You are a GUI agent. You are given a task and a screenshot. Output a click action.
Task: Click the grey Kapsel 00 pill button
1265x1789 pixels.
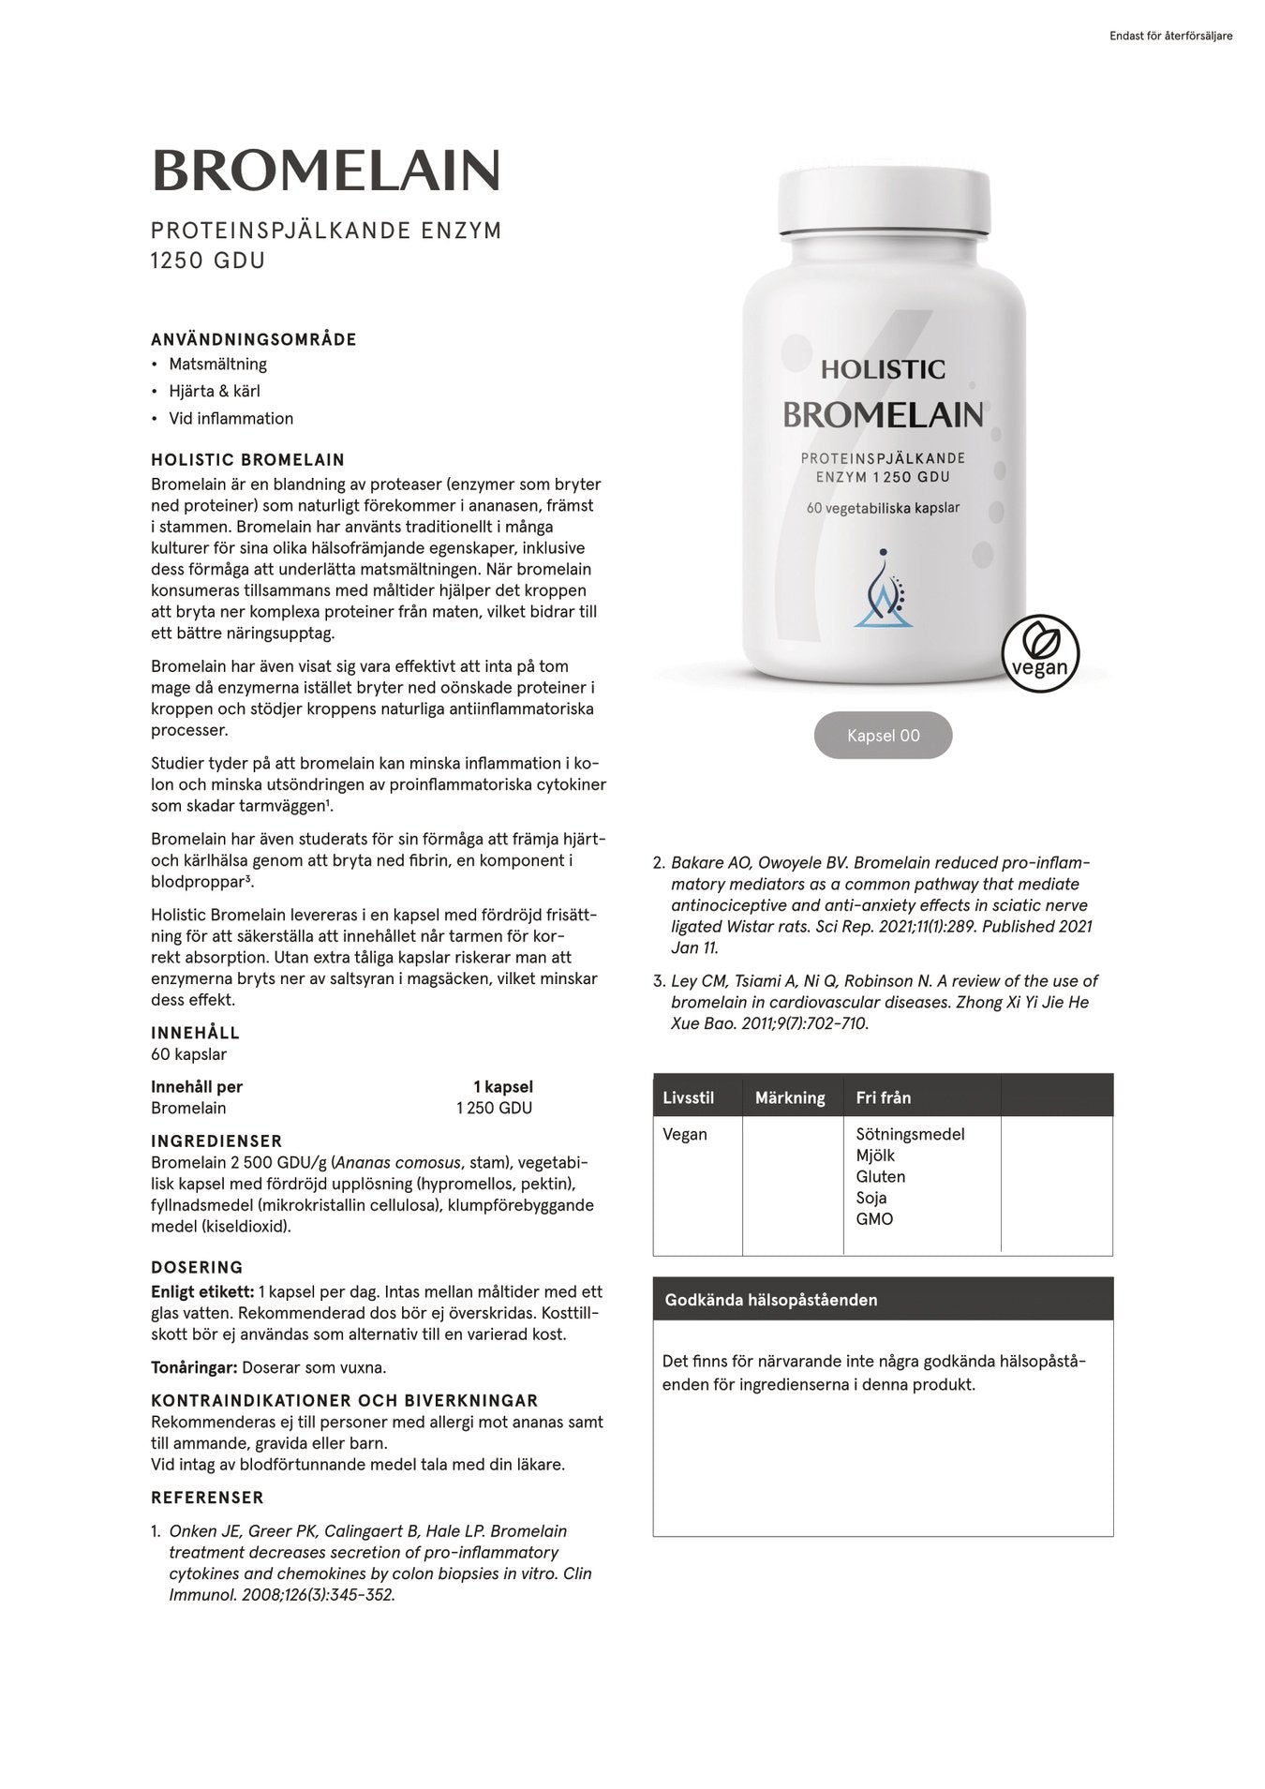click(x=883, y=736)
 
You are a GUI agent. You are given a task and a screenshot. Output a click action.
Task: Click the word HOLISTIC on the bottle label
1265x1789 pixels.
click(x=883, y=369)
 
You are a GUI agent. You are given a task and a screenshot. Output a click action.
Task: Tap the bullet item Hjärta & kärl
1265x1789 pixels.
click(x=214, y=391)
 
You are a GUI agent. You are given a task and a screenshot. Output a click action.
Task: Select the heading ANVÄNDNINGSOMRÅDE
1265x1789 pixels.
click(x=254, y=339)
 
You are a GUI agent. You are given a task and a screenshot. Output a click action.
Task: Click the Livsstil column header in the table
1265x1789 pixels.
click(x=688, y=1097)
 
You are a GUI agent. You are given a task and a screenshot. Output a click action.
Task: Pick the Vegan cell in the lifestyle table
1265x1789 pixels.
click(x=685, y=1134)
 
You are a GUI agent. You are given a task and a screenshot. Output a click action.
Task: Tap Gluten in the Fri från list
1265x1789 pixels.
click(x=880, y=1176)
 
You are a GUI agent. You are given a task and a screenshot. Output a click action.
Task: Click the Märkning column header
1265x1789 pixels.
click(x=790, y=1097)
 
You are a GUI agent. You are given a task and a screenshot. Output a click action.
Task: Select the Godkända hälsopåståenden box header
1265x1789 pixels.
click(x=770, y=1300)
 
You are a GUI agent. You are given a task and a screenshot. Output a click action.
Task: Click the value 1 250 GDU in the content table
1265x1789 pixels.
click(x=494, y=1108)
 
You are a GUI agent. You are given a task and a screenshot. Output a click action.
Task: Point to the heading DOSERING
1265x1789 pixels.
click(x=197, y=1268)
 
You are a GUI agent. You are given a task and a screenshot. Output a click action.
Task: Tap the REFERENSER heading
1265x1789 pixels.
click(x=207, y=1498)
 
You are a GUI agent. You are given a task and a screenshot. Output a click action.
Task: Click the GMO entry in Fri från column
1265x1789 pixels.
click(x=873, y=1219)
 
